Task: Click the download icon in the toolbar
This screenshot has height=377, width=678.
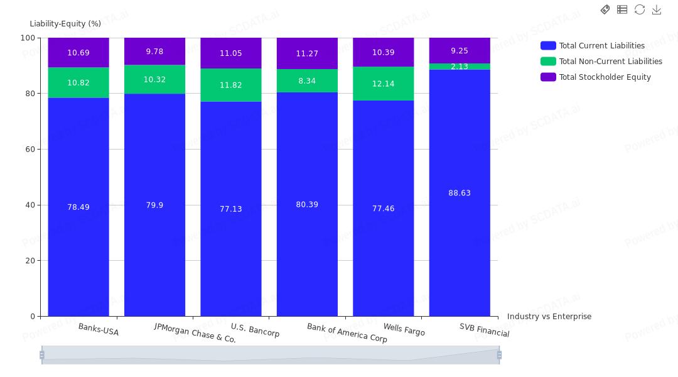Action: pyautogui.click(x=657, y=9)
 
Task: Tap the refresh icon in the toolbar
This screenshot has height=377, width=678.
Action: pyautogui.click(x=640, y=9)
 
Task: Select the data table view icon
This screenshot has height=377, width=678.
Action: pyautogui.click(x=622, y=9)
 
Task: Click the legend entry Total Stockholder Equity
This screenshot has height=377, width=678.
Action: pyautogui.click(x=596, y=77)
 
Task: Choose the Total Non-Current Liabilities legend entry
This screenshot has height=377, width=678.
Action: pyautogui.click(x=601, y=62)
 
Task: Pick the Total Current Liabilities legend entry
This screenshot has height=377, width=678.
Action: pyautogui.click(x=593, y=45)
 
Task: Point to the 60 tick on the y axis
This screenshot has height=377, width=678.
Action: pyautogui.click(x=30, y=150)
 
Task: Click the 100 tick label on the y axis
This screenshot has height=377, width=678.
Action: pyautogui.click(x=28, y=38)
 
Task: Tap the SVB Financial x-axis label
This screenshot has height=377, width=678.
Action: pyautogui.click(x=484, y=330)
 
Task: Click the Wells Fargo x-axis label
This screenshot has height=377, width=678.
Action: pyautogui.click(x=404, y=329)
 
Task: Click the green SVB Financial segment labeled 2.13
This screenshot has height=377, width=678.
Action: pyautogui.click(x=460, y=67)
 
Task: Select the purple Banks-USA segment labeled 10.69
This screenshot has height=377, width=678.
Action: pyautogui.click(x=78, y=52)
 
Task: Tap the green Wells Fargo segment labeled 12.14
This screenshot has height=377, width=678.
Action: pyautogui.click(x=384, y=84)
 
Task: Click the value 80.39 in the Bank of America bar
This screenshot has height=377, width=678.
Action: pyautogui.click(x=307, y=204)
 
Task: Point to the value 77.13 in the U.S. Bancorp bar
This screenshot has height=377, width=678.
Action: pyautogui.click(x=231, y=209)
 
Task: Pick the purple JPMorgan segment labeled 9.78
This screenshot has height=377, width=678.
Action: pyautogui.click(x=155, y=51)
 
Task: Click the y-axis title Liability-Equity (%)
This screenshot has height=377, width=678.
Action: pyautogui.click(x=65, y=24)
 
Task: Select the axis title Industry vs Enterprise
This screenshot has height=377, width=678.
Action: pyautogui.click(x=549, y=317)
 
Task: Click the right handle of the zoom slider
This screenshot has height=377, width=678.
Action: pyautogui.click(x=500, y=355)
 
